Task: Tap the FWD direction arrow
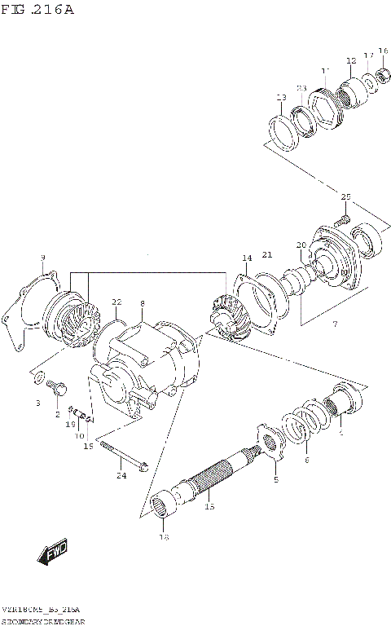coord(51,553)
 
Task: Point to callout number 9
coord(42,258)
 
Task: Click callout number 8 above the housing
coord(142,303)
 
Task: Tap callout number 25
coord(345,197)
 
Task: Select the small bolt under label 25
coord(340,218)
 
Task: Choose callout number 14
coord(246,258)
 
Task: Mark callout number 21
coord(266,255)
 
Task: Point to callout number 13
coord(282,98)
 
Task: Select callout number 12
coord(351,61)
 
